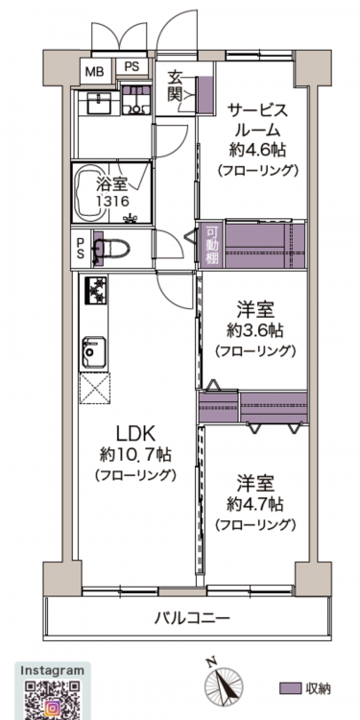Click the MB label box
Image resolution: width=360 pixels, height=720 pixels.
95,71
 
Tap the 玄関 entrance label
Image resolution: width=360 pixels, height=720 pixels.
176,84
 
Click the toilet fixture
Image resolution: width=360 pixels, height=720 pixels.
111,249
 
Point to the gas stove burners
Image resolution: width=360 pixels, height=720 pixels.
95,290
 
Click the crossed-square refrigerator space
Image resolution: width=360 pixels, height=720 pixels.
95,389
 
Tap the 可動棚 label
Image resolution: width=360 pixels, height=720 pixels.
212,246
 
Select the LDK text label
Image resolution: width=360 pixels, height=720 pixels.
136,433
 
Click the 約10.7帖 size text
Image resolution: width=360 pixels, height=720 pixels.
136,455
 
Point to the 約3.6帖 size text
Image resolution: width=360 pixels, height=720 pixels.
254,329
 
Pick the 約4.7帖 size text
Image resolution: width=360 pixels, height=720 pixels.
254,504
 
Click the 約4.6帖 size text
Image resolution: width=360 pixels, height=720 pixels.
258,150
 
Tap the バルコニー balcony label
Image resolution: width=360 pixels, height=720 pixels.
191,618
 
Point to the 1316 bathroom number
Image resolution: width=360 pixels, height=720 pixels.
112,201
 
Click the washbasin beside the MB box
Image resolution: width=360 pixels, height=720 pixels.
95,104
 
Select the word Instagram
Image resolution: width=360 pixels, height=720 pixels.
53,670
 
